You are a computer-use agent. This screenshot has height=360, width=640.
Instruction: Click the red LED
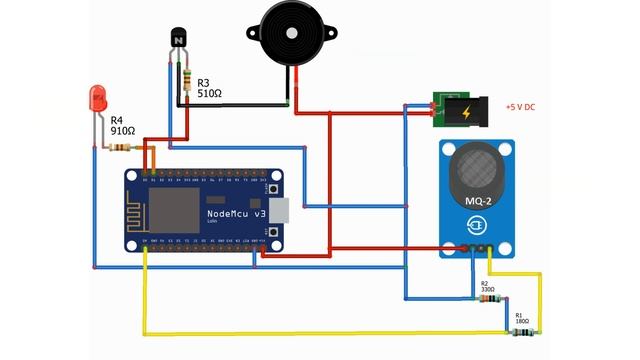[98, 98]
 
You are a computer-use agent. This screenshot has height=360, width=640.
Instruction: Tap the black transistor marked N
[179, 39]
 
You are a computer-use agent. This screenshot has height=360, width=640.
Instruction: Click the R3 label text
[204, 82]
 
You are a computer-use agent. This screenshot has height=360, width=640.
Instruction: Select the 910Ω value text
[122, 130]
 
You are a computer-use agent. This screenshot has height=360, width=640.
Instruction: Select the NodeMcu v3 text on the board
[236, 214]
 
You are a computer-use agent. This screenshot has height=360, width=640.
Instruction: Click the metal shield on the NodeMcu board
[175, 209]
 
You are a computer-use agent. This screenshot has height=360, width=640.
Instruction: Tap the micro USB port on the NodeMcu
[285, 210]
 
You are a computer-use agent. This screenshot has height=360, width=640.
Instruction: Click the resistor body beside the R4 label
[120, 148]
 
